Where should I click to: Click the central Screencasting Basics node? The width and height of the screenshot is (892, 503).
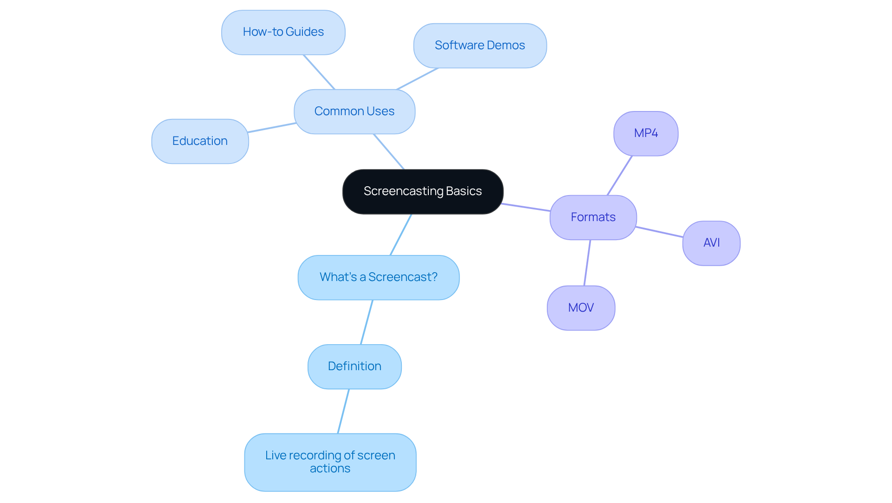pyautogui.click(x=423, y=191)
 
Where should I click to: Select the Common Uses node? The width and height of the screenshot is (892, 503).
pyautogui.click(x=354, y=111)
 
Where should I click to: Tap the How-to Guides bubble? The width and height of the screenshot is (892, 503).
pyautogui.click(x=283, y=32)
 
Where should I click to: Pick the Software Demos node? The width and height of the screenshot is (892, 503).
pyautogui.click(x=479, y=46)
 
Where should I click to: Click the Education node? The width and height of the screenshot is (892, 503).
pyautogui.click(x=200, y=141)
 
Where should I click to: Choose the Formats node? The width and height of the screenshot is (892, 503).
pyautogui.click(x=593, y=217)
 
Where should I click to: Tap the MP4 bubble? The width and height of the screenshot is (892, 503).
pyautogui.click(x=645, y=133)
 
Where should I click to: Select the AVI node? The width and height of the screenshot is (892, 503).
pyautogui.click(x=711, y=243)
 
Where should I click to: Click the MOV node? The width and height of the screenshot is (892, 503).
pyautogui.click(x=581, y=308)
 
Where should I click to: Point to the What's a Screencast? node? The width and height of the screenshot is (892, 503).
pyautogui.click(x=378, y=277)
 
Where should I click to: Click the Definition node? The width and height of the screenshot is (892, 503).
pyautogui.click(x=354, y=366)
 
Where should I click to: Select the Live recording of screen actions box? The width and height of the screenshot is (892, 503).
pyautogui.click(x=330, y=462)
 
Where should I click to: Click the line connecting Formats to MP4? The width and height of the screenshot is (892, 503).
pyautogui.click(x=620, y=176)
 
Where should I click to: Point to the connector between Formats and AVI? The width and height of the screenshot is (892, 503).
pyautogui.click(x=660, y=232)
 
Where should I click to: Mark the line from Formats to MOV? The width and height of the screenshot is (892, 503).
pyautogui.click(x=587, y=263)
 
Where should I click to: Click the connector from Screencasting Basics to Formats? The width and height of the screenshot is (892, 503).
pyautogui.click(x=526, y=207)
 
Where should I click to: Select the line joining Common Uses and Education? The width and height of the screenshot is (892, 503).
pyautogui.click(x=272, y=128)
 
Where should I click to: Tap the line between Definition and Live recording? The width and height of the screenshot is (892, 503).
pyautogui.click(x=343, y=412)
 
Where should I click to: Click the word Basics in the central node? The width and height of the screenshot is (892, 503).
pyautogui.click(x=464, y=191)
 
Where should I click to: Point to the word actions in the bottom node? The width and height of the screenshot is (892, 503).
pyautogui.click(x=330, y=469)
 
